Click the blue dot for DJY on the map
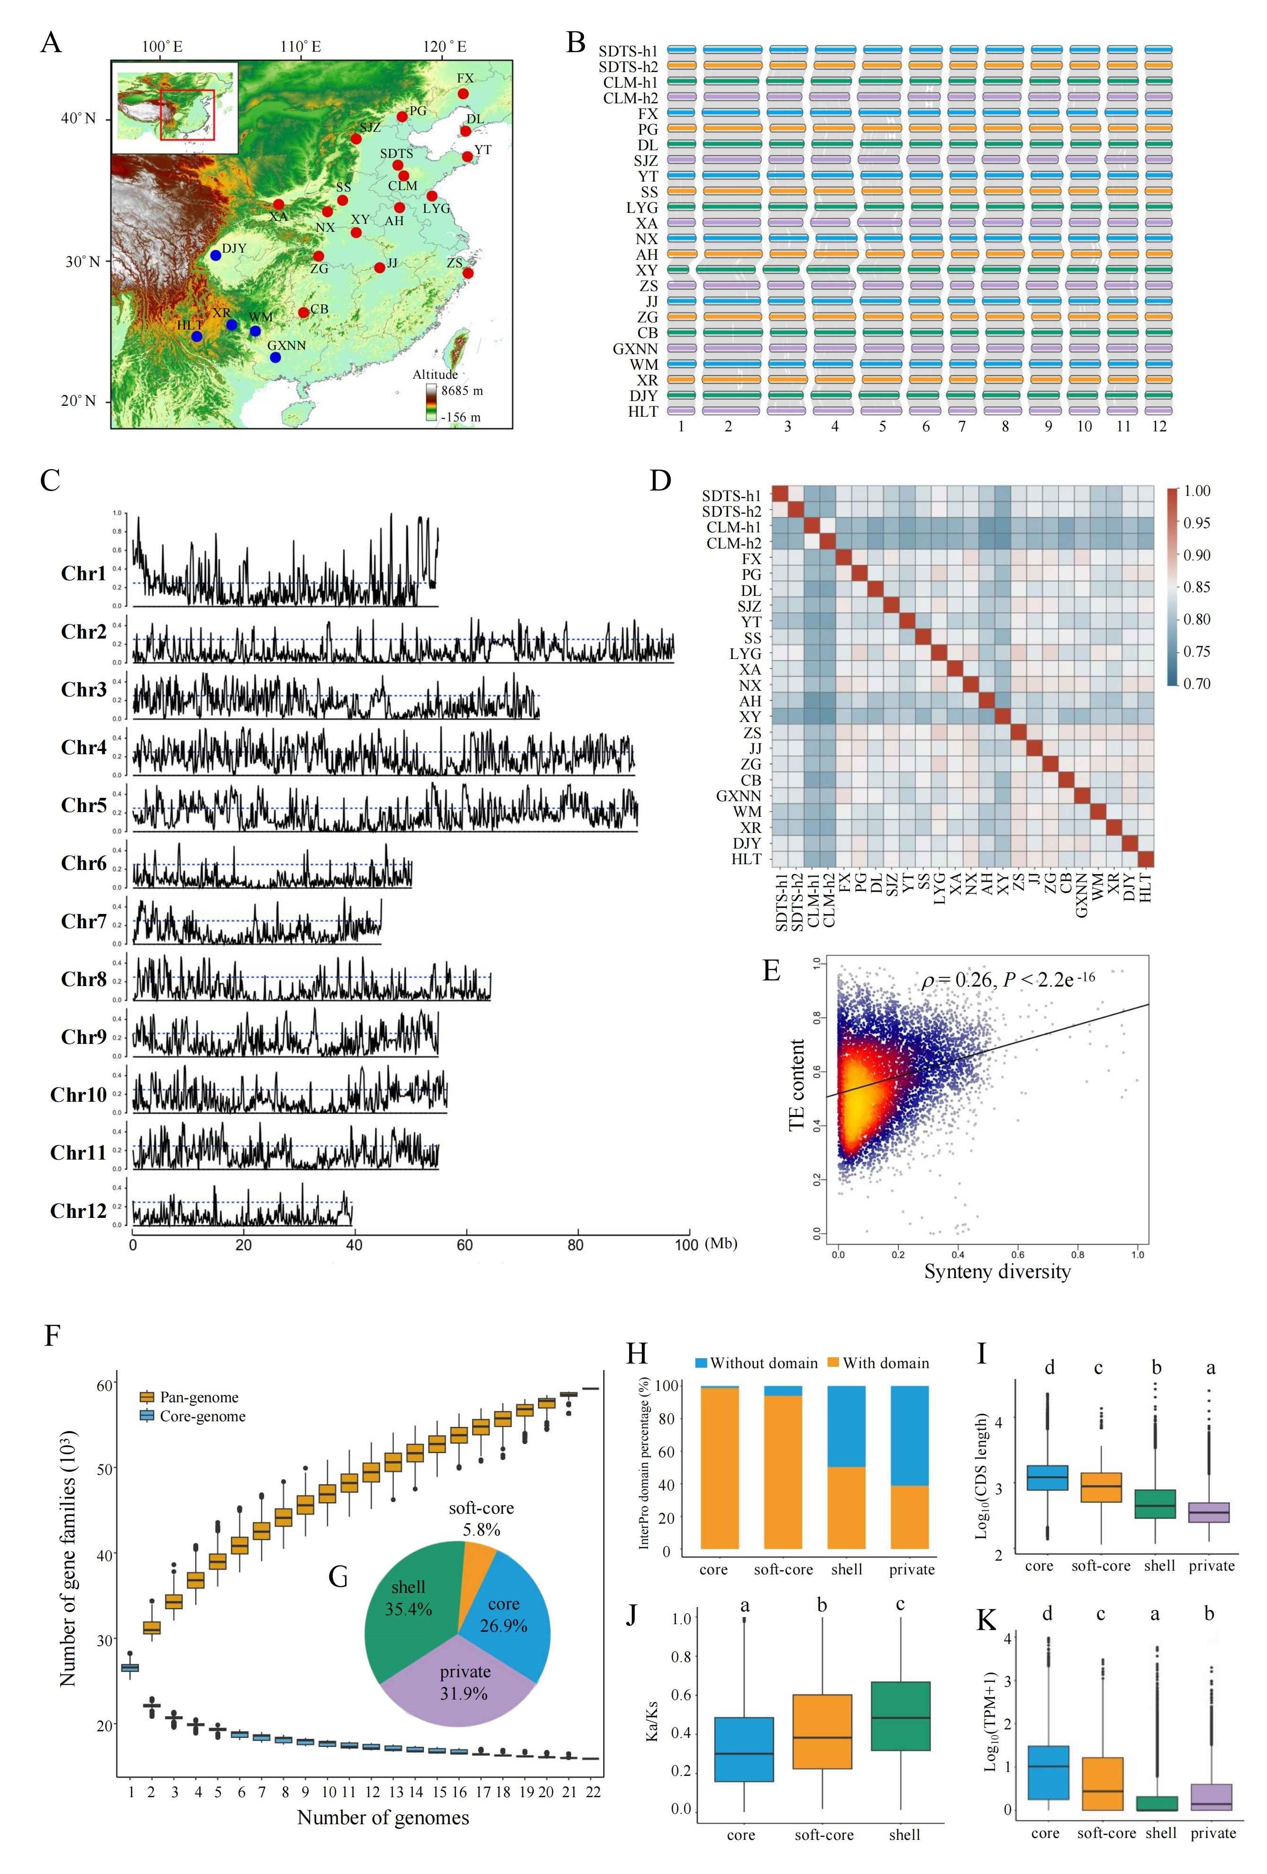point(215,255)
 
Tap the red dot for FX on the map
point(463,93)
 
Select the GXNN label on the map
point(286,345)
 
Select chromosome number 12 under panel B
point(1159,427)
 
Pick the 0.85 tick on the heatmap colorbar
point(1197,587)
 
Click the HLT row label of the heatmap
point(746,859)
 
